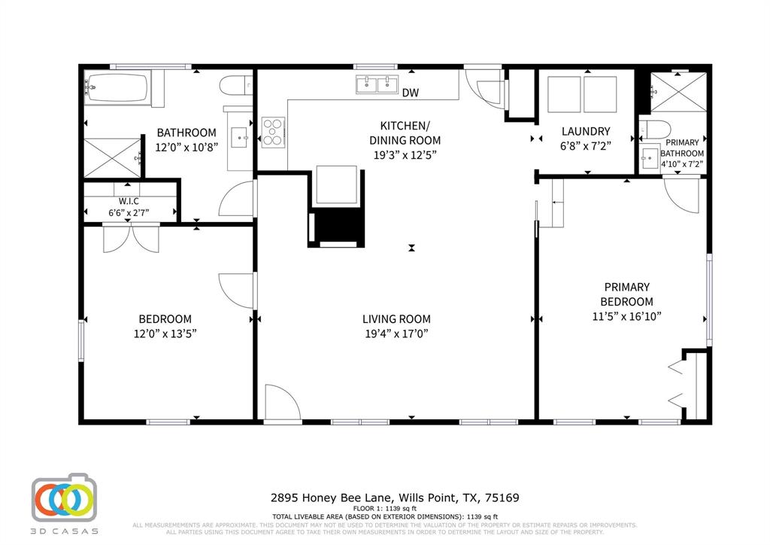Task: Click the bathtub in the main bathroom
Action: pyautogui.click(x=117, y=89)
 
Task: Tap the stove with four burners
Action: pyautogui.click(x=272, y=132)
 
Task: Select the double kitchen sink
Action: pyautogui.click(x=377, y=84)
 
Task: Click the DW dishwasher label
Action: pyautogui.click(x=411, y=93)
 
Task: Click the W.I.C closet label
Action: pyautogui.click(x=129, y=201)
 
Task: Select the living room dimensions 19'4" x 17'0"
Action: pyautogui.click(x=396, y=333)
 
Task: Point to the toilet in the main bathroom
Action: pyautogui.click(x=232, y=85)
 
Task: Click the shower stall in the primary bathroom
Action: pyautogui.click(x=679, y=92)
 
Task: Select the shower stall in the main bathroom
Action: pyautogui.click(x=112, y=157)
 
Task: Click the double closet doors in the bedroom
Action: pyautogui.click(x=132, y=239)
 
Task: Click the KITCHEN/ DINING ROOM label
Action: pyautogui.click(x=405, y=132)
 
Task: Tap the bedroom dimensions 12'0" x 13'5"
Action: pyautogui.click(x=165, y=333)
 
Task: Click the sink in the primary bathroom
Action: pyautogui.click(x=649, y=157)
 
